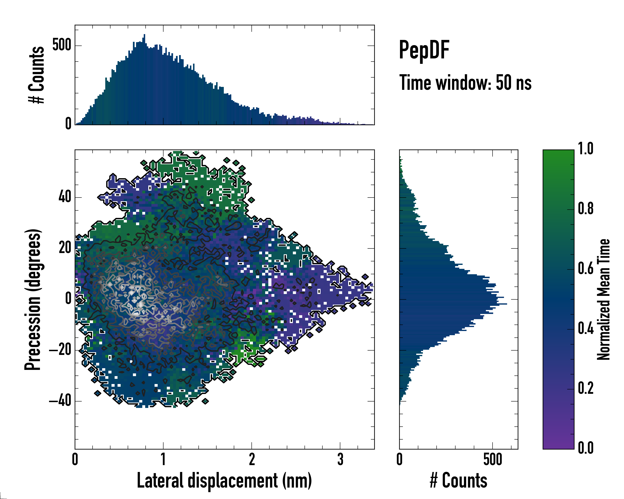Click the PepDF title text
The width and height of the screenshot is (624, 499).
tap(424, 50)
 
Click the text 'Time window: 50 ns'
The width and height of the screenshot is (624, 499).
tap(465, 83)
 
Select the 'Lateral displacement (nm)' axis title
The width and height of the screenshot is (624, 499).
tap(224, 480)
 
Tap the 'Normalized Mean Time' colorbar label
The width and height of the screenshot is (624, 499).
tap(603, 299)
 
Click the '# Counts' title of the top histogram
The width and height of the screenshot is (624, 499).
tap(36, 75)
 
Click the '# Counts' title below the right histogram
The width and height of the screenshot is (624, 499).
tap(458, 480)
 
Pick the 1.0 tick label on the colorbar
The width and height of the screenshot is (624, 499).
tap(586, 149)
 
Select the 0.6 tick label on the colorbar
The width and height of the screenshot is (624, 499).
tap(586, 269)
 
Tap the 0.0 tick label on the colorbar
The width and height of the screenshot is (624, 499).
tap(586, 448)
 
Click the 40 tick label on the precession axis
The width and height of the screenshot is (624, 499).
tap(65, 197)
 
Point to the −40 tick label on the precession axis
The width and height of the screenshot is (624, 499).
tap(60, 401)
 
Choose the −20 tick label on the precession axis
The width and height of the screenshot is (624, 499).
tap(60, 350)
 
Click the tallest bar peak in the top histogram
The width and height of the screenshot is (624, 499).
tap(144, 35)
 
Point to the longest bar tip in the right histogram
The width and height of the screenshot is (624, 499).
tap(506, 304)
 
